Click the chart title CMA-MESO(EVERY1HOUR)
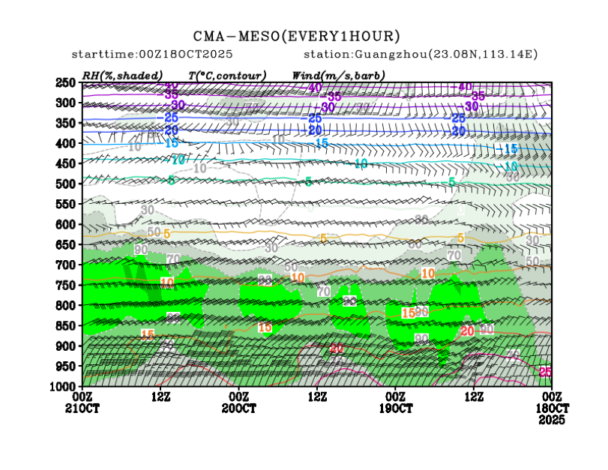click(297, 36)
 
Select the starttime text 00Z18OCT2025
click(151, 55)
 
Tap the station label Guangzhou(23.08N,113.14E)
click(421, 55)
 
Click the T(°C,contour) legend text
click(227, 76)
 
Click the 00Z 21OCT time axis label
click(82, 401)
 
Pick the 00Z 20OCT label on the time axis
click(239, 401)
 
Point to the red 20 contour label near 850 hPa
click(467, 331)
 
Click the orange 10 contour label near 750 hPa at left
click(166, 282)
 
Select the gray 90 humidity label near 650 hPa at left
click(140, 249)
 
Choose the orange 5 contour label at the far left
click(166, 233)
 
